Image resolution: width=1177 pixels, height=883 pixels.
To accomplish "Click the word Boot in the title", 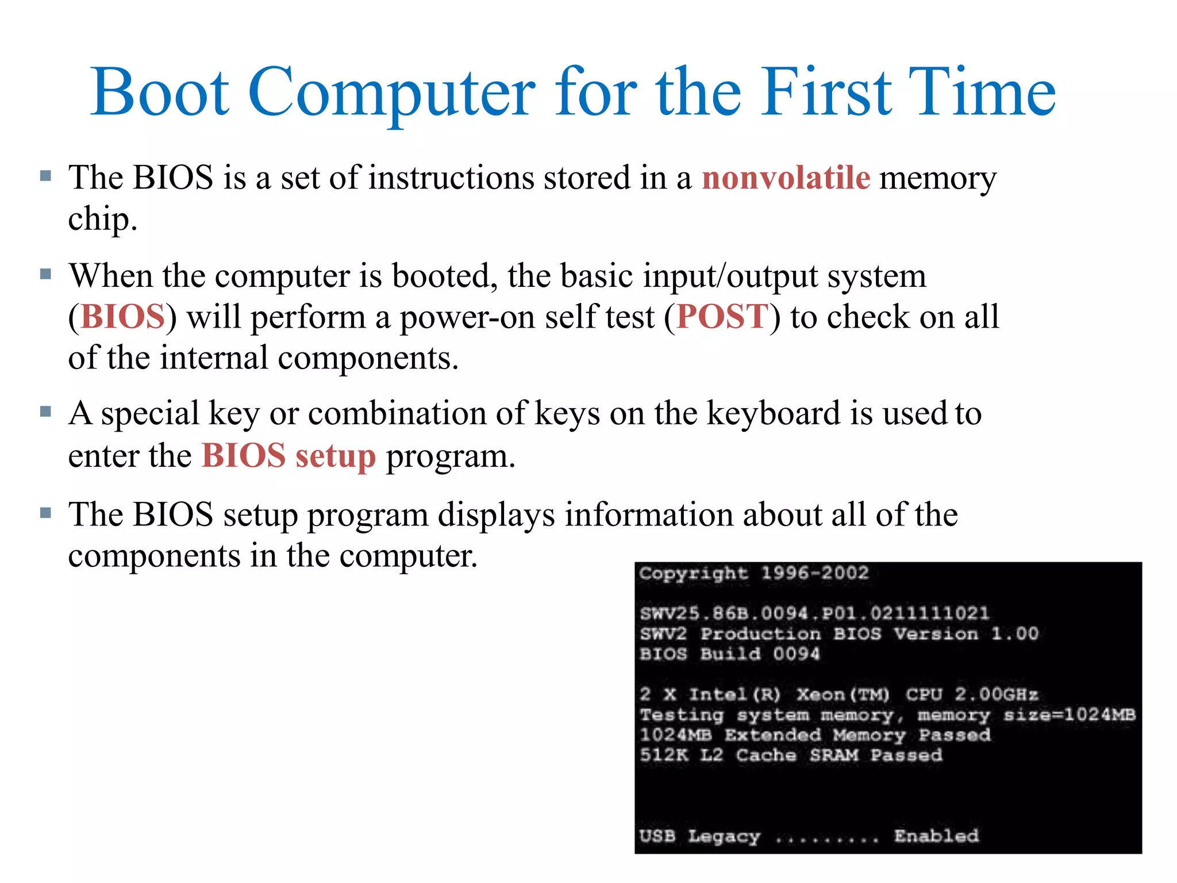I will click(x=160, y=92).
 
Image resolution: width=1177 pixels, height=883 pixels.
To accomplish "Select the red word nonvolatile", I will click(x=786, y=177).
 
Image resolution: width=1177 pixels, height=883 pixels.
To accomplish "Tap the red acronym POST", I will click(x=722, y=317).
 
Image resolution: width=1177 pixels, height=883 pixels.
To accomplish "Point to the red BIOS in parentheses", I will click(x=123, y=317).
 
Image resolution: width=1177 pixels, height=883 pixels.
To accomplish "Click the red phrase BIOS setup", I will click(x=289, y=456).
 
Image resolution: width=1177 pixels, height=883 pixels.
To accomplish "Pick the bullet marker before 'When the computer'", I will click(x=46, y=274).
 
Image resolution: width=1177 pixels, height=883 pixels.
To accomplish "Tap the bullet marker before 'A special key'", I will click(x=46, y=412).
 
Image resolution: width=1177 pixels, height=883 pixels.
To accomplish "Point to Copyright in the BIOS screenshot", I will click(x=693, y=574).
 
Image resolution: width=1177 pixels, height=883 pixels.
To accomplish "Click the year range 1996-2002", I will click(x=814, y=573).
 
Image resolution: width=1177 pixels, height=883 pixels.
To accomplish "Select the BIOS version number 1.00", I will click(x=1015, y=634).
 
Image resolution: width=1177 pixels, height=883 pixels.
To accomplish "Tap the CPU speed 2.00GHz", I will click(x=997, y=694).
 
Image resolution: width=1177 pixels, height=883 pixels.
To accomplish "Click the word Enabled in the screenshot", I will click(x=936, y=836).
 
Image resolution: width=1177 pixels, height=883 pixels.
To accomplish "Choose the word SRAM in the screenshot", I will click(x=834, y=755).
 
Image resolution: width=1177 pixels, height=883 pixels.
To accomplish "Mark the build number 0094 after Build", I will click(x=796, y=654).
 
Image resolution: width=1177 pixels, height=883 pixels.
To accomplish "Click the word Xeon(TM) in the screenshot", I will click(x=843, y=694).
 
